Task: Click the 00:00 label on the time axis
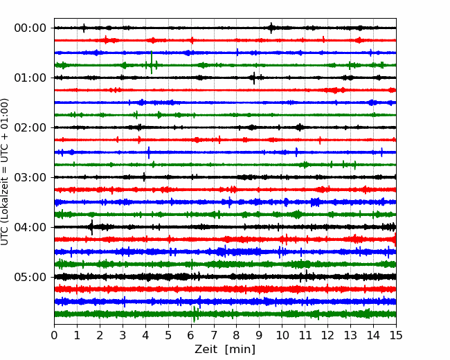tap(30, 28)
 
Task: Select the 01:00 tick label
tap(30, 78)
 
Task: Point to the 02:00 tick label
tap(30, 127)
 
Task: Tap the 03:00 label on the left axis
tap(30, 177)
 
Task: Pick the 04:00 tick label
tap(30, 227)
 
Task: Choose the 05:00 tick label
tap(30, 277)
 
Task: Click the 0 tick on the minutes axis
tap(54, 335)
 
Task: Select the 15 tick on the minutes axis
tap(396, 335)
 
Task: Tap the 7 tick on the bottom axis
tap(214, 335)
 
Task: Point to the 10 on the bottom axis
tap(282, 335)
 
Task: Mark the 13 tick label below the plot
tap(350, 335)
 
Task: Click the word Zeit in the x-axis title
tap(205, 349)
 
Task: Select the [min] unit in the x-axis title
tap(240, 350)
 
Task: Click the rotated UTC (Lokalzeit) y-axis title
tap(5, 172)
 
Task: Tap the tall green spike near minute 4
tap(152, 62)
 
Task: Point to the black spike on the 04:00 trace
tap(92, 227)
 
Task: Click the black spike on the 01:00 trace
tap(254, 78)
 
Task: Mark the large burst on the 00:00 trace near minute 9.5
tap(271, 28)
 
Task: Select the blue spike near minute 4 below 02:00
tap(149, 152)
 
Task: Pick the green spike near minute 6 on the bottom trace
tap(195, 314)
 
